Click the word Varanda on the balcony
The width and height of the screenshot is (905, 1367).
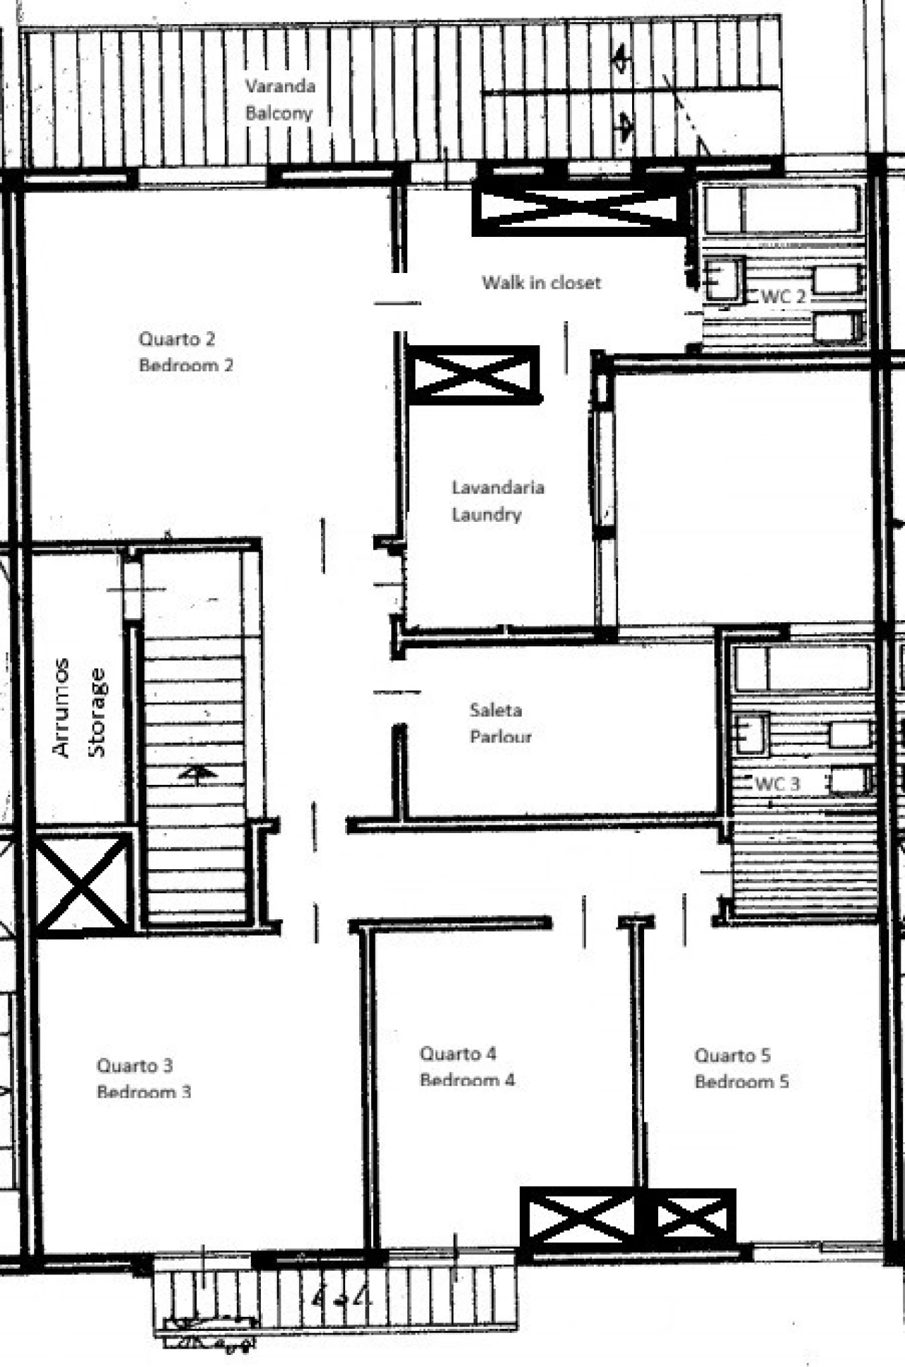tap(280, 86)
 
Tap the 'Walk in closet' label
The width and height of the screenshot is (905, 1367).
tap(542, 283)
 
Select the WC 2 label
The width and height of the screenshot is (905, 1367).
tap(783, 296)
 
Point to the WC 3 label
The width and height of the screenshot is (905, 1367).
tap(778, 784)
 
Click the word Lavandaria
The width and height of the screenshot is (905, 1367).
tap(498, 487)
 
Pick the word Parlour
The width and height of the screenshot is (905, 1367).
tap(501, 736)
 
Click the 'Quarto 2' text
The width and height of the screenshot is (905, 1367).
tap(177, 339)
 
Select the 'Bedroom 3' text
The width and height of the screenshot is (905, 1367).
tap(144, 1091)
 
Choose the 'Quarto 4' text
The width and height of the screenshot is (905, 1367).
tap(458, 1054)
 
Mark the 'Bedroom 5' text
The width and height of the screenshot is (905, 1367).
tap(742, 1081)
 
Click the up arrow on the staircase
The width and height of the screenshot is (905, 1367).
tap(197, 773)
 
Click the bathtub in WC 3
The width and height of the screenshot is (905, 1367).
tap(802, 668)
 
